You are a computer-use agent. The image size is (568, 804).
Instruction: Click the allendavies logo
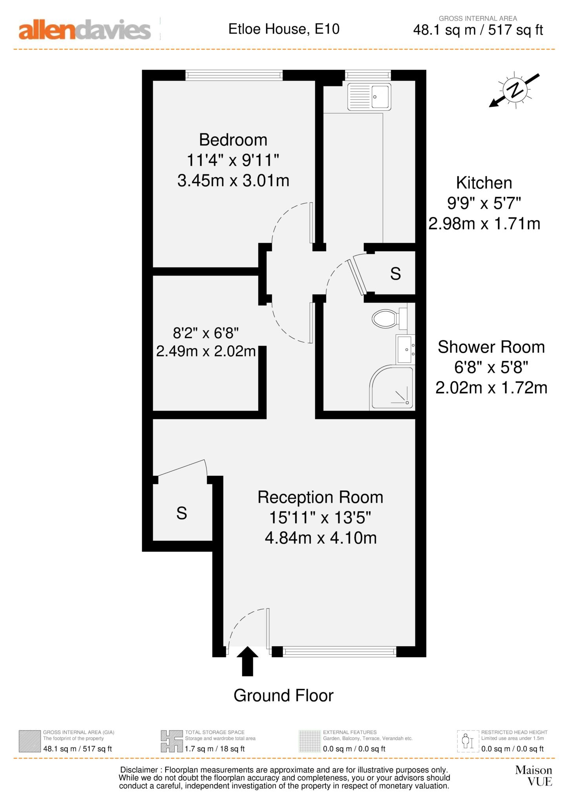tap(84, 30)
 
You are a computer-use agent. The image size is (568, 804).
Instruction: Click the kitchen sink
tap(369, 97)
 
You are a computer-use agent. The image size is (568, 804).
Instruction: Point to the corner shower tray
tap(392, 388)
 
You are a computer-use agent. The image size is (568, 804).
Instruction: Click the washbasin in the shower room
tap(405, 349)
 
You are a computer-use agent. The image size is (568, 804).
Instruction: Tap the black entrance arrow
tap(247, 661)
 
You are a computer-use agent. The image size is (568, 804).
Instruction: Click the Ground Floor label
tap(283, 695)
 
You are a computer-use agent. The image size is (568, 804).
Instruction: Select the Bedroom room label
tap(233, 140)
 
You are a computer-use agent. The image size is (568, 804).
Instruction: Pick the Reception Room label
tap(320, 497)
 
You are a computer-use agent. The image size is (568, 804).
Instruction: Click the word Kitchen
tap(484, 183)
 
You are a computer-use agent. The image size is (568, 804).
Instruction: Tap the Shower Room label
tap(491, 347)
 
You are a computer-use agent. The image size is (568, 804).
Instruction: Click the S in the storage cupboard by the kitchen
tap(395, 274)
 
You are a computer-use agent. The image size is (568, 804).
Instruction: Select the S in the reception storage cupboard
tap(182, 513)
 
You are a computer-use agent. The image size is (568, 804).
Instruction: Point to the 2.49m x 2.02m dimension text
tap(206, 351)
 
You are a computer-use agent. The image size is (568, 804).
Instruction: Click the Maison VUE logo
tap(533, 775)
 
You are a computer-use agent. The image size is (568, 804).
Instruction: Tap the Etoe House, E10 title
tap(284, 29)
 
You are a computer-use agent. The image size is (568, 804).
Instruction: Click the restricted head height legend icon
tap(468, 741)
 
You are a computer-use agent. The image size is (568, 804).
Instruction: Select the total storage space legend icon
tap(172, 741)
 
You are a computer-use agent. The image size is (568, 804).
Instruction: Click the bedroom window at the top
tap(234, 75)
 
